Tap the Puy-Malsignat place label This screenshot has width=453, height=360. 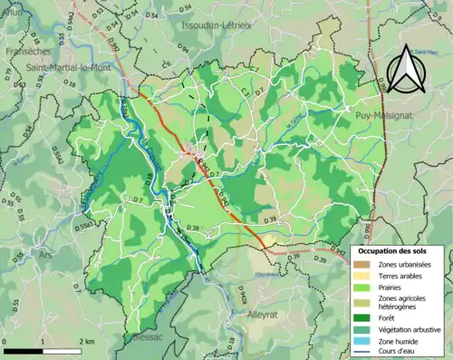[390, 116]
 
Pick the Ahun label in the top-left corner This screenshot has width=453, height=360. [13, 12]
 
